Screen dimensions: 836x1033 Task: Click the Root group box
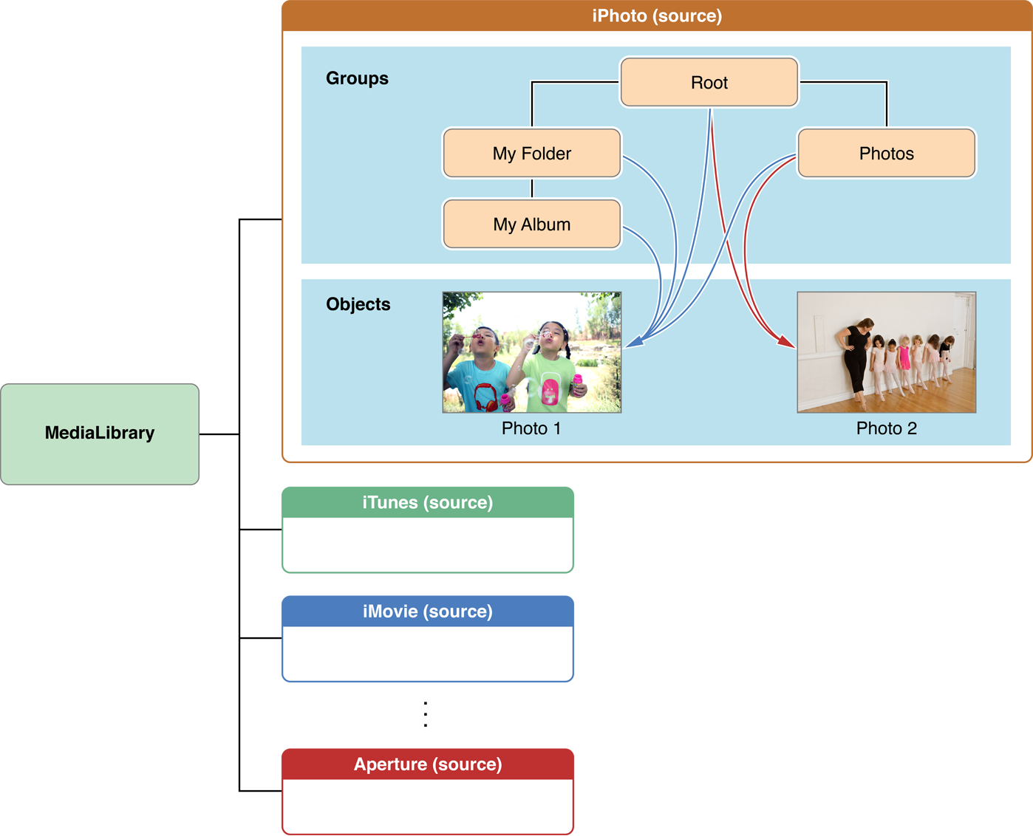709,83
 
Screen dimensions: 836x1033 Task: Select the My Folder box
532,154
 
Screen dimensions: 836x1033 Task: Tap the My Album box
532,225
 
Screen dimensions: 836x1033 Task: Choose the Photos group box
887,154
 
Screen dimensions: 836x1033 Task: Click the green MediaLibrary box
100,434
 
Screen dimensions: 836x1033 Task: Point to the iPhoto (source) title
657,16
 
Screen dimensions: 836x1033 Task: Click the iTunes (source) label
427,502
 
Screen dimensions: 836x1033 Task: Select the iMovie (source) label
427,611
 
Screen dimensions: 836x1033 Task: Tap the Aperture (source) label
427,764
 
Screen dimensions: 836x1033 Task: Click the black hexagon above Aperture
426,715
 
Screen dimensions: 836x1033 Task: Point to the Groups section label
357,78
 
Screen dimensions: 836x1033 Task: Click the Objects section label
358,304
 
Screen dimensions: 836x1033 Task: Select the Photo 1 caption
531,428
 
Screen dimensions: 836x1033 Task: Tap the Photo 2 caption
886,428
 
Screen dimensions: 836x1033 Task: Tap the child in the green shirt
551,366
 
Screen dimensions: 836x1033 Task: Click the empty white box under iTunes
427,544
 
